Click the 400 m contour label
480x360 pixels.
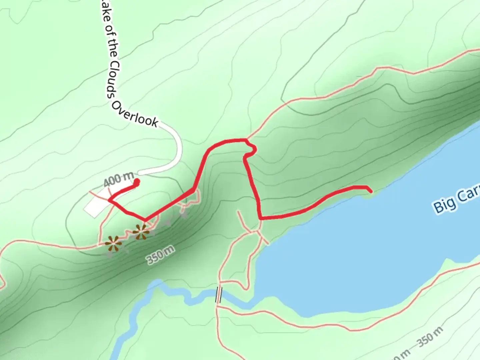tap(118, 179)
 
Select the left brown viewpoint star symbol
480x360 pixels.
tap(113, 244)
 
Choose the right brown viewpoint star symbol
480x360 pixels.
tap(141, 232)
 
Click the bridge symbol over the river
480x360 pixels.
tap(219, 295)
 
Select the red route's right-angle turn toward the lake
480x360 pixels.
tap(260, 218)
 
